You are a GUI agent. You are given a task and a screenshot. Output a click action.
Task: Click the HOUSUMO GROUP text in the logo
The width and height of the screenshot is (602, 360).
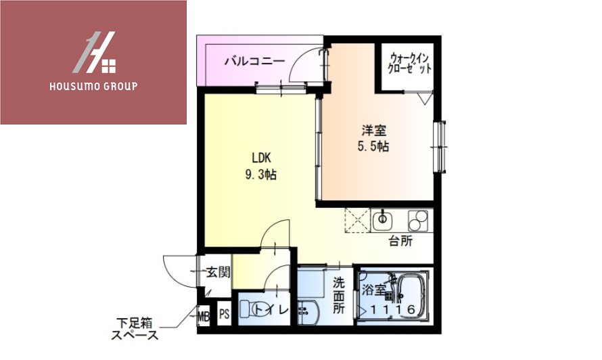coord(93,87)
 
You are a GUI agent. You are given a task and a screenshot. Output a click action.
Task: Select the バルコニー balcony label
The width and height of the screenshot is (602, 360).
coord(254,62)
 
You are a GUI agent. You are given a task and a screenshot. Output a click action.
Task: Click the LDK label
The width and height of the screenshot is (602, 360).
coord(260,158)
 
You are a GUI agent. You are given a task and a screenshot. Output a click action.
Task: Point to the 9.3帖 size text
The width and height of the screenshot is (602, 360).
coord(260,174)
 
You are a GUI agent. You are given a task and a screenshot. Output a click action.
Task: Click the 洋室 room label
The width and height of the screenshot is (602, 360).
coord(373,131)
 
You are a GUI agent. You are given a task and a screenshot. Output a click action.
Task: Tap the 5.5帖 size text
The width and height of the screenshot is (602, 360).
coord(373,146)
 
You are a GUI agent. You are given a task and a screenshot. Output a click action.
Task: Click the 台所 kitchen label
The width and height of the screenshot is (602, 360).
coord(400,242)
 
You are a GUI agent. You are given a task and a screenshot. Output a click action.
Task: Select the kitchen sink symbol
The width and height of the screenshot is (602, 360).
coord(382,219)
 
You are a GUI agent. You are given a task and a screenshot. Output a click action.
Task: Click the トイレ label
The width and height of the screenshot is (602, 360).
coord(278,311)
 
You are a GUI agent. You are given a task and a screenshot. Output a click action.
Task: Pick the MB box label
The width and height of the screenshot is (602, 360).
coord(204,315)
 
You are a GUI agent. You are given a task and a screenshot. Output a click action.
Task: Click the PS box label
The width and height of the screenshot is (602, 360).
coord(224,315)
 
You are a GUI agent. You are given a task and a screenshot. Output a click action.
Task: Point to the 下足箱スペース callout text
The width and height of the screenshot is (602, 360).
coord(135,330)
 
